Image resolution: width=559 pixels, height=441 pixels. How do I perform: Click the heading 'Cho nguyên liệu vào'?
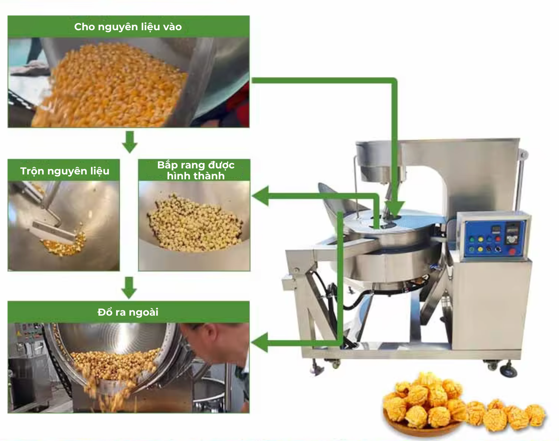128,27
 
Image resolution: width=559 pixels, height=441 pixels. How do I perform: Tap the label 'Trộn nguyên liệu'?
64,171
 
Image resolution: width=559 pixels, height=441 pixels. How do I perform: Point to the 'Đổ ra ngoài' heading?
128,312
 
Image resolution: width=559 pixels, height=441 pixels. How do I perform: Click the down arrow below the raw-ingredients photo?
130,142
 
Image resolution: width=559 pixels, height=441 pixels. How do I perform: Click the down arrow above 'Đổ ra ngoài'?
129,288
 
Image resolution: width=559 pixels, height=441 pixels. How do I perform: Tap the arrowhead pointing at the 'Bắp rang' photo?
260,196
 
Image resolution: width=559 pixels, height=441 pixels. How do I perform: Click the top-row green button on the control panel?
472,239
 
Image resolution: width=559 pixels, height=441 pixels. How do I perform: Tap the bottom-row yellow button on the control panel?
480,249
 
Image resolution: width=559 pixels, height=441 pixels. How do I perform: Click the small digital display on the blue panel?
496,229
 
